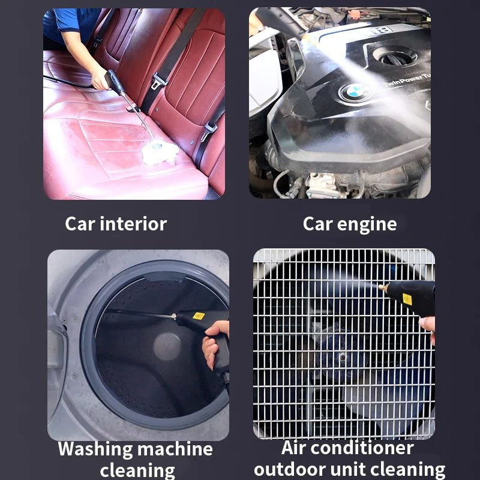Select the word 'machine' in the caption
pyautogui.click(x=174, y=449)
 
